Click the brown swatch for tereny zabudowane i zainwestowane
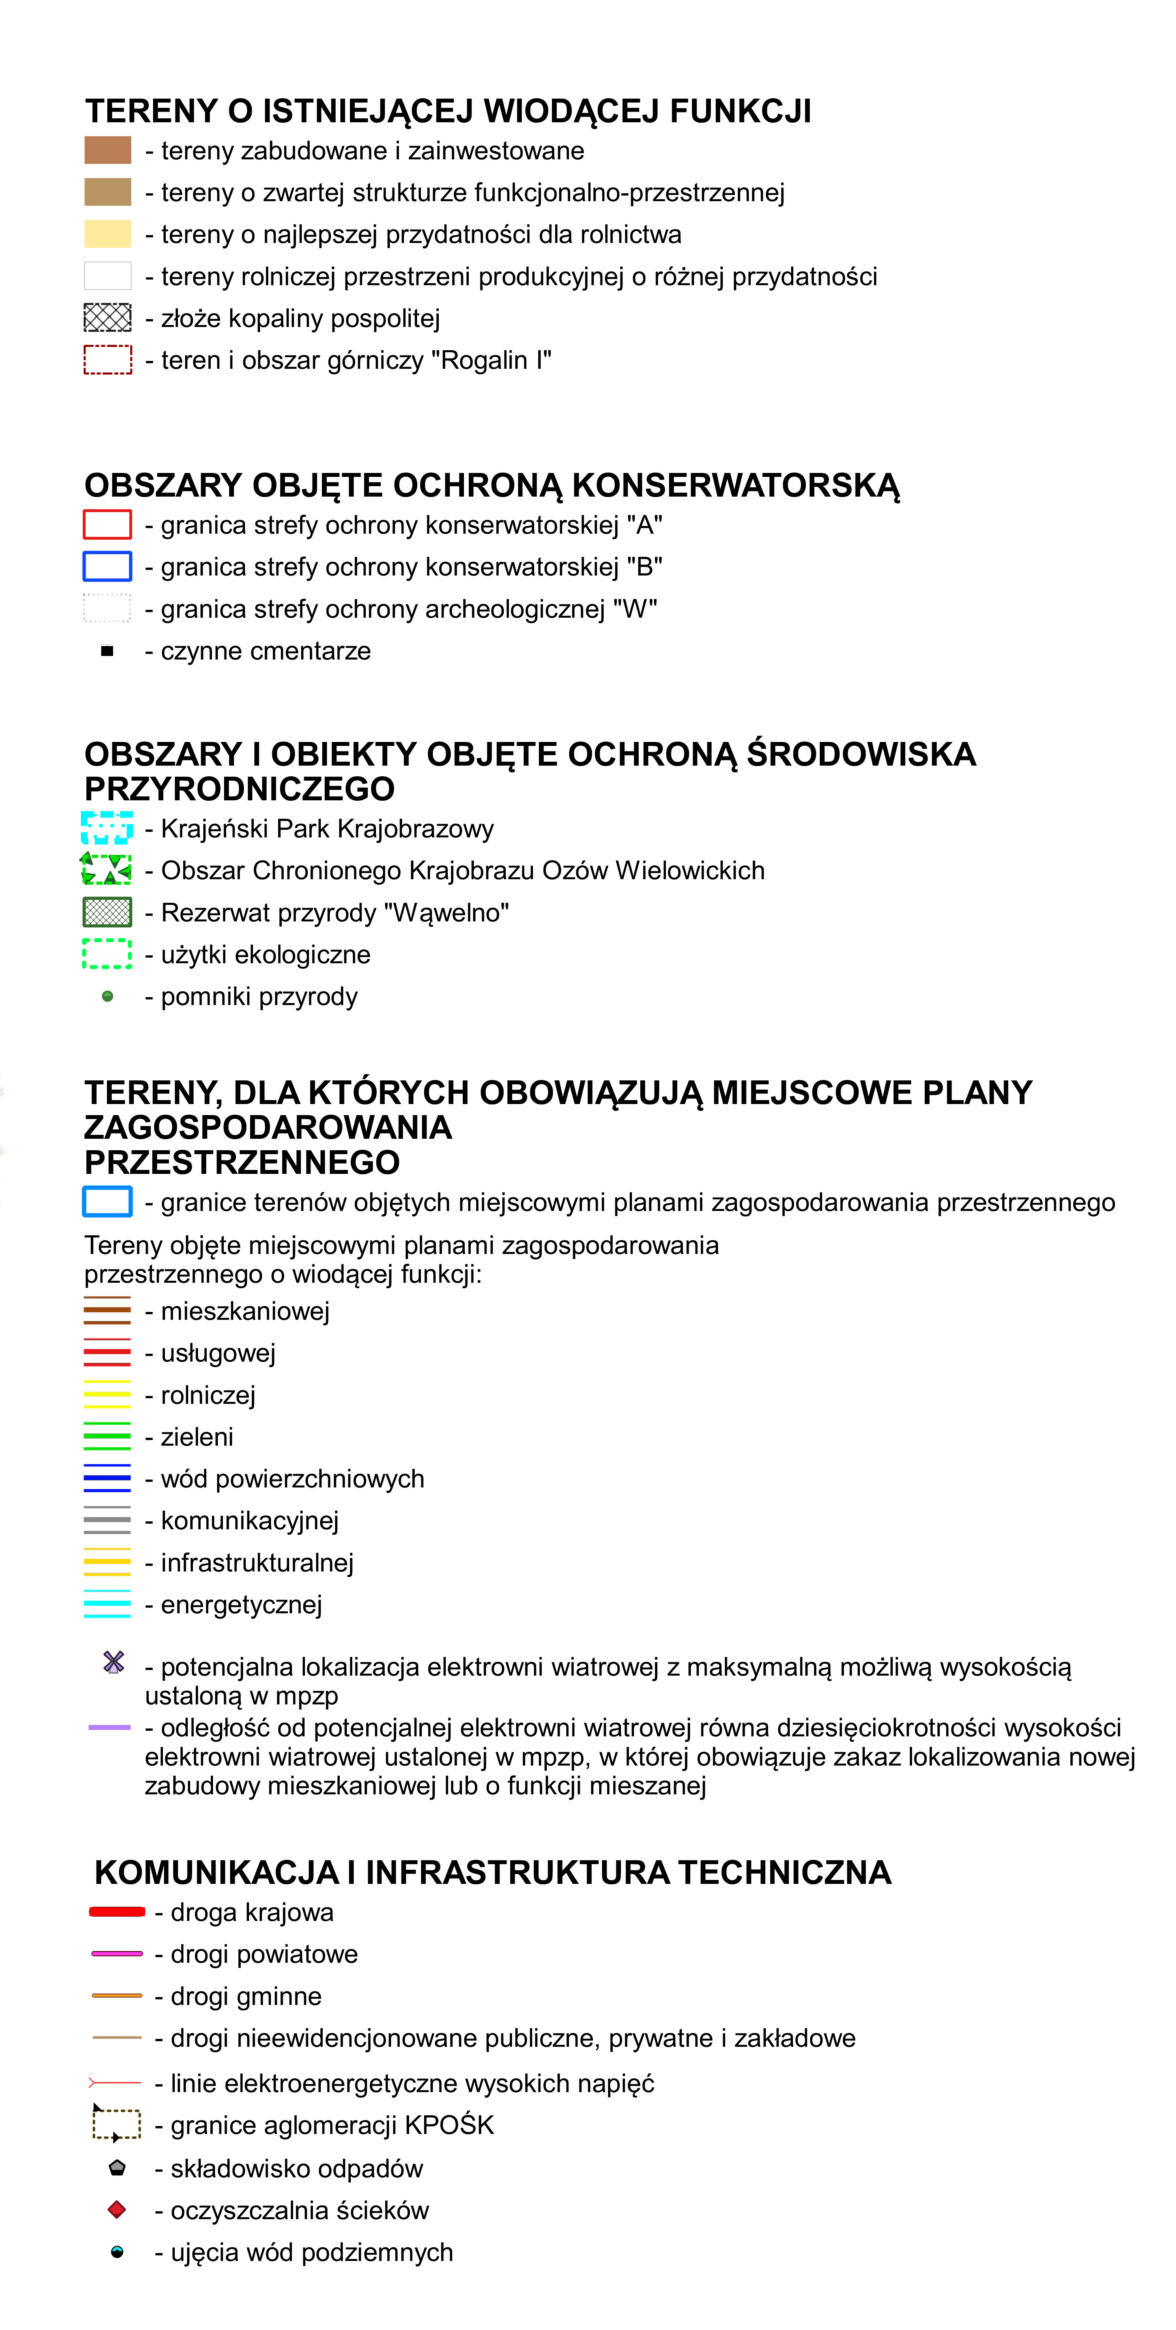coord(108,150)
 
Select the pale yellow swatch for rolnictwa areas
coord(108,234)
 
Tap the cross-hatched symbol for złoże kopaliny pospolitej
coord(108,318)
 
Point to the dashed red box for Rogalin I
coord(108,360)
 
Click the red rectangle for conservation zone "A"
coord(108,525)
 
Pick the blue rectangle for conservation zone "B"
coord(108,566)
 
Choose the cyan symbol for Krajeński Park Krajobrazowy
coord(108,828)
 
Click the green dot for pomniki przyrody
coord(108,997)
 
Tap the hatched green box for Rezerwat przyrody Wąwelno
coord(108,912)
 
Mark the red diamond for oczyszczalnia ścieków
coord(117,2210)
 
